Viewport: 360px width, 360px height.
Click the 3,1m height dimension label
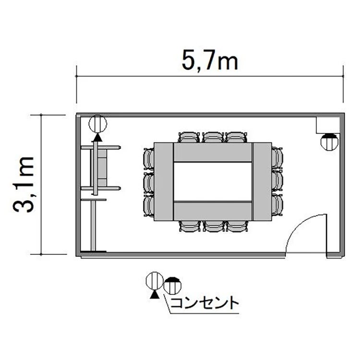[x=24, y=185]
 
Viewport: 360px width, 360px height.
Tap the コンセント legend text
[x=204, y=303]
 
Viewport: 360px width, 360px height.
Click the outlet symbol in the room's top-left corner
[x=98, y=124]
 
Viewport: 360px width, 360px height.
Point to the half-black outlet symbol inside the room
[x=329, y=142]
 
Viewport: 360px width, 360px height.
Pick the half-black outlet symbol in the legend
[x=172, y=286]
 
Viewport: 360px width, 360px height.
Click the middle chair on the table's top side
[x=213, y=137]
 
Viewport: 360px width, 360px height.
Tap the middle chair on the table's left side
[x=148, y=183]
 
